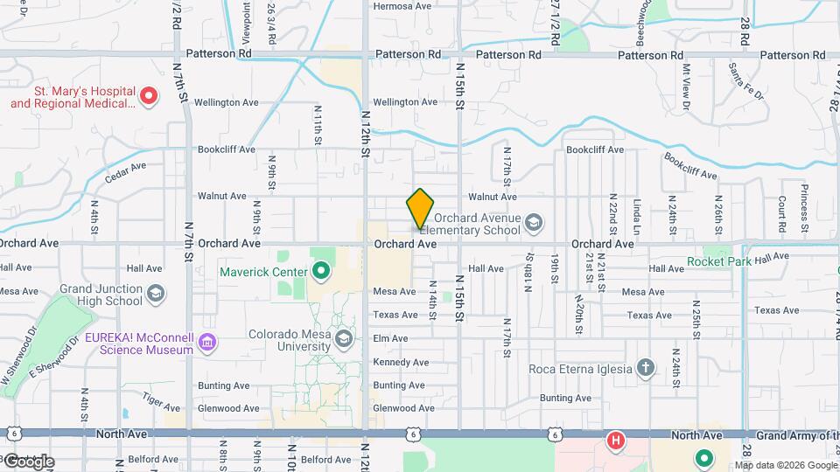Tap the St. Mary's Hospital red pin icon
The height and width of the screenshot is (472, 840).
pos(149,95)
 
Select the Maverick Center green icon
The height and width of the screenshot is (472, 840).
pos(320,272)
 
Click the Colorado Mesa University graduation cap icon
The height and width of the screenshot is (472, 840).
pos(344,339)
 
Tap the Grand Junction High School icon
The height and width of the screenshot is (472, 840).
pos(156,293)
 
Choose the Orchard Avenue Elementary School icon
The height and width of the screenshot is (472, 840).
pos(533,225)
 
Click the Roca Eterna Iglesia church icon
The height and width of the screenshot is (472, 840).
pos(645,368)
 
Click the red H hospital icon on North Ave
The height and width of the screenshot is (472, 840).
pos(616,440)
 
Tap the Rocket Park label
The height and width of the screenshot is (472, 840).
pos(719,261)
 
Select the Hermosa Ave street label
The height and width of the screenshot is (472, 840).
pos(402,6)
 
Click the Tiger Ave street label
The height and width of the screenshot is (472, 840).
pos(161,402)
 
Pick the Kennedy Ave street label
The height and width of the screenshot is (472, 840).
pos(401,362)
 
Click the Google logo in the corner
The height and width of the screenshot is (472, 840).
pos(28,461)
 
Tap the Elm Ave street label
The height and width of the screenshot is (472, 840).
pos(390,338)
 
